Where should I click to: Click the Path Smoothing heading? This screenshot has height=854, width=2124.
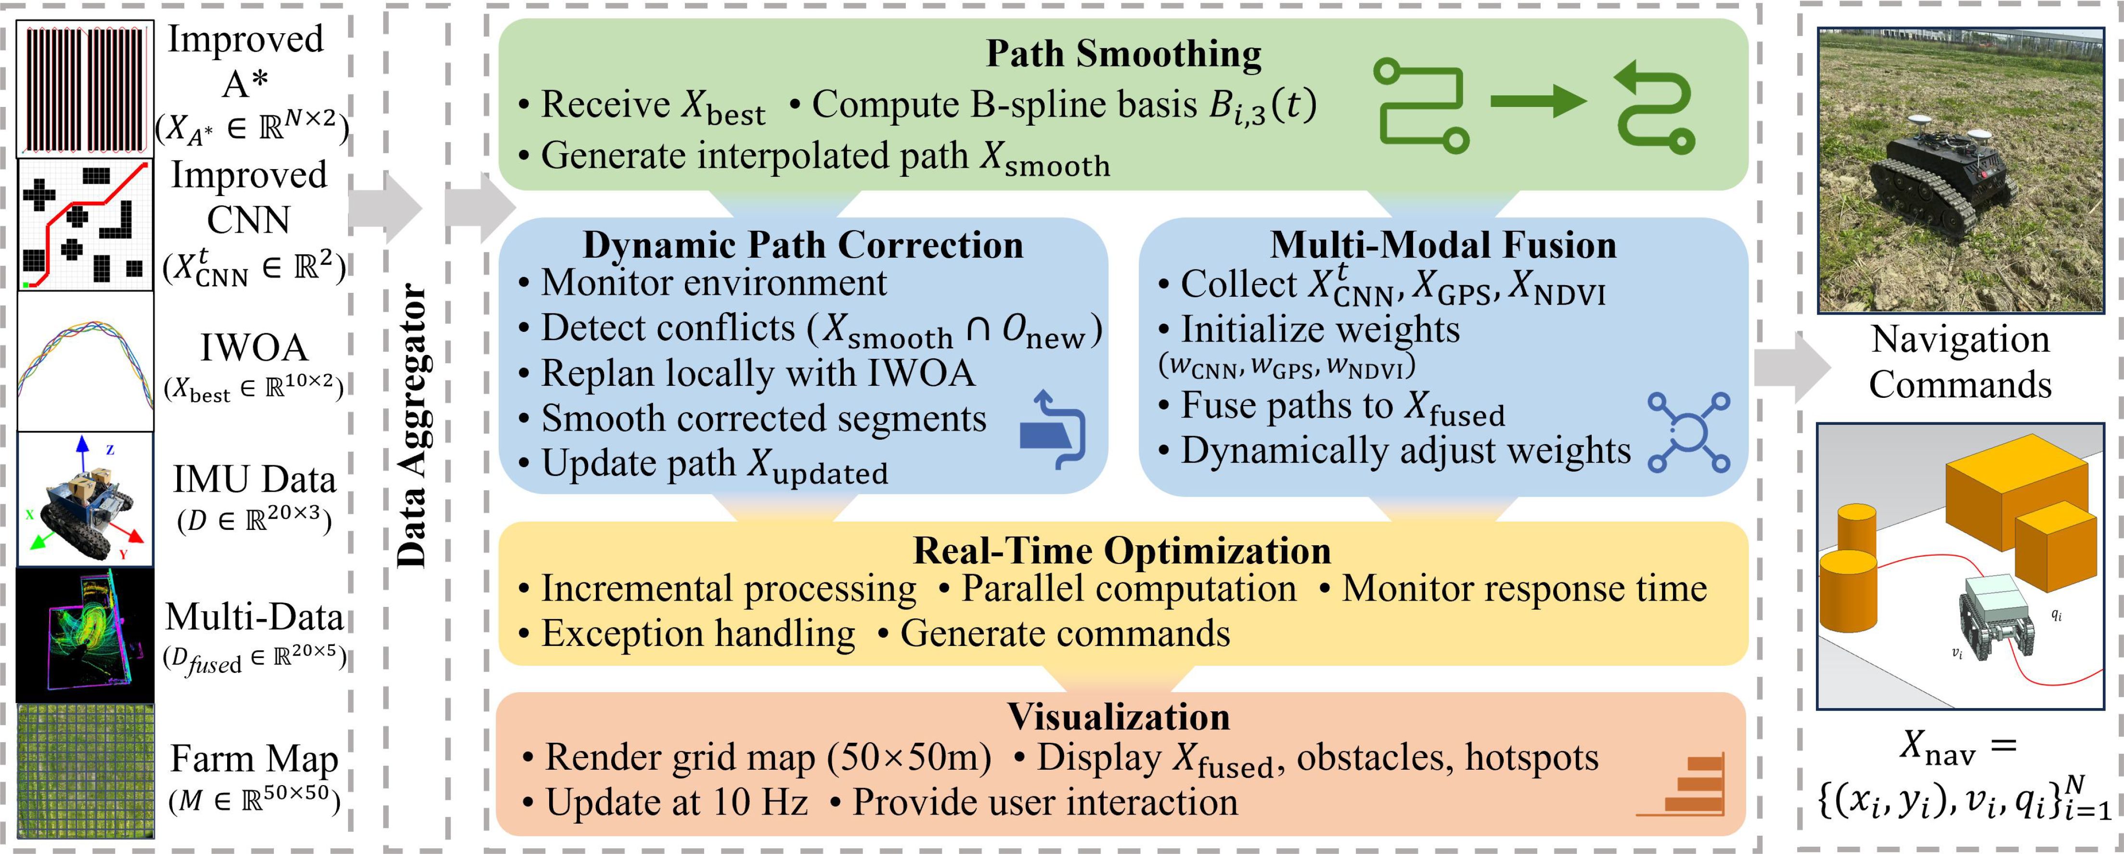pyautogui.click(x=1123, y=53)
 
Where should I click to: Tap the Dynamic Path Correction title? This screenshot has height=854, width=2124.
pyautogui.click(x=803, y=245)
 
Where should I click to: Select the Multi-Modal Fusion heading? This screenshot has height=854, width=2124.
pyautogui.click(x=1443, y=245)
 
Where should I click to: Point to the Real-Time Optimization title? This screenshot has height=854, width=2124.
pyautogui.click(x=1121, y=551)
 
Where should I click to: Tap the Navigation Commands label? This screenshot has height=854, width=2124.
pyautogui.click(x=1960, y=361)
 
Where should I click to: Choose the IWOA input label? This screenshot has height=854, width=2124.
pyautogui.click(x=254, y=347)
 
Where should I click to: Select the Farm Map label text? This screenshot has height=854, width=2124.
pyautogui.click(x=254, y=758)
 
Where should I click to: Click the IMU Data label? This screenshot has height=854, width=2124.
pyautogui.click(x=254, y=479)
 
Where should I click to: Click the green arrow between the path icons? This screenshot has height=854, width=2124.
pyautogui.click(x=1537, y=102)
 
